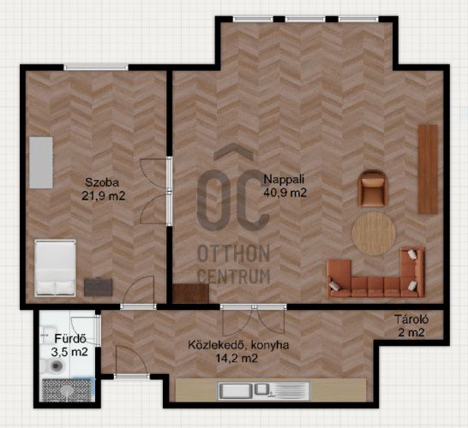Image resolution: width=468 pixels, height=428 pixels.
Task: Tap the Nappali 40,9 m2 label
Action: (285, 186)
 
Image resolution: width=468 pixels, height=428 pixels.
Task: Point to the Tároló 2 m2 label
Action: (411, 325)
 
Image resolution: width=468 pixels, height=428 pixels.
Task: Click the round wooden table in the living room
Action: (374, 234)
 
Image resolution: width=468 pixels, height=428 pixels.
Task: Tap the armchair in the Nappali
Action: (373, 188)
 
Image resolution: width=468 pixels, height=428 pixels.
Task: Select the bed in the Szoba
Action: (55, 268)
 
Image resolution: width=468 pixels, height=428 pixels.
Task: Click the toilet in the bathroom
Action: (52, 366)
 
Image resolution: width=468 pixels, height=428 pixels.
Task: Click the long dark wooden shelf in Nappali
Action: (428, 169)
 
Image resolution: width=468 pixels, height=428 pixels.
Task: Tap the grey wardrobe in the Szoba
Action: (41, 163)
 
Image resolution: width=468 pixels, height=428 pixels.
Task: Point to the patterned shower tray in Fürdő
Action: (68, 389)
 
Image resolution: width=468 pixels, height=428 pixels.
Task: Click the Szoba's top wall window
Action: (96, 68)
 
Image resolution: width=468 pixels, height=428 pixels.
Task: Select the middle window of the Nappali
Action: (305, 20)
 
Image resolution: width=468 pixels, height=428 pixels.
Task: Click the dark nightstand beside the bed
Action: (99, 288)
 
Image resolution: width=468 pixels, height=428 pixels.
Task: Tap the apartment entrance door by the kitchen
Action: (132, 361)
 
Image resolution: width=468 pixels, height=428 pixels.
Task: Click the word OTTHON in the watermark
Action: (234, 253)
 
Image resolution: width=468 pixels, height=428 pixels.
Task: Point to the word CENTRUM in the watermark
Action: (234, 276)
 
